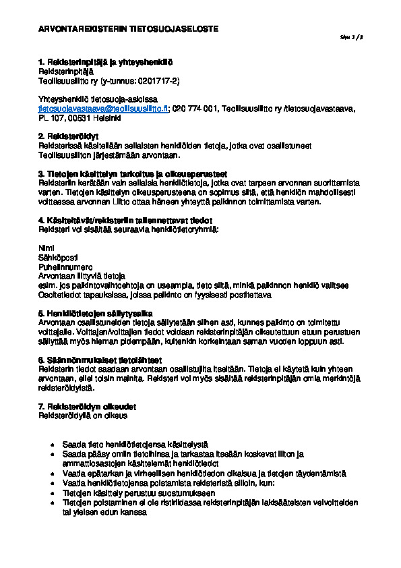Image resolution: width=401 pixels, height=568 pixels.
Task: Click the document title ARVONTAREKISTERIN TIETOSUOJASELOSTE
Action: pos(129,29)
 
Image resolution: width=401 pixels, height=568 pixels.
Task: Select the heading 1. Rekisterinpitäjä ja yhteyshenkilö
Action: pos(105,62)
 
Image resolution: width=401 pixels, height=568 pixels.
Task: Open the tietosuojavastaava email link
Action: pos(103,108)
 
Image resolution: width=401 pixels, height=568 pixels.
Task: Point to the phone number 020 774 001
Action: pos(195,108)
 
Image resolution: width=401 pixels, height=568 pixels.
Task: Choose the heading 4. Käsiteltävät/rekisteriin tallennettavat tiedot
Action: pos(125,220)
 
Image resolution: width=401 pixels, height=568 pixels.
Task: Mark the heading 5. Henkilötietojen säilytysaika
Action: pos(96,313)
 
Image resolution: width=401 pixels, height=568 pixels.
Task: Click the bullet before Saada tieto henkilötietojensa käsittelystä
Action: pos(53,446)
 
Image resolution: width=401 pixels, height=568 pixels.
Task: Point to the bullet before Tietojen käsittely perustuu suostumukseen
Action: pos(53,493)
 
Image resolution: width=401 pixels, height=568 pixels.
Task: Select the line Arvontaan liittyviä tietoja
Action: pos(82,276)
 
